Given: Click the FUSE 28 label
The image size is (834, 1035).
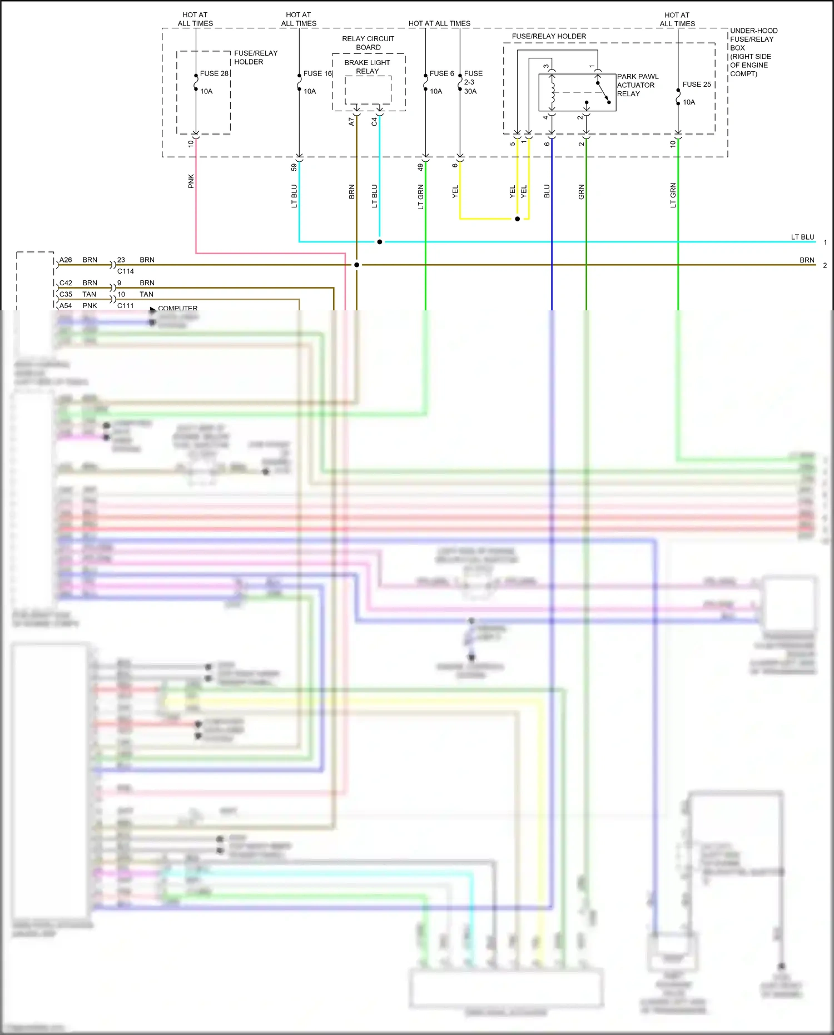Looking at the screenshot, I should [x=214, y=73].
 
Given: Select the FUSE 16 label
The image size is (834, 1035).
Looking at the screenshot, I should [x=317, y=73].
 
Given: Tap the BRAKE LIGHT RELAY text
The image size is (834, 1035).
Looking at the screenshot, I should [x=367, y=67].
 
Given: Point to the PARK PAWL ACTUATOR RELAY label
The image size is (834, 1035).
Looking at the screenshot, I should [x=637, y=85].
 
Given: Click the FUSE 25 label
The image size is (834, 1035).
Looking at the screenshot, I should [x=697, y=85].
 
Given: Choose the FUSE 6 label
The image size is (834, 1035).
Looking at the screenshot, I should [x=441, y=73].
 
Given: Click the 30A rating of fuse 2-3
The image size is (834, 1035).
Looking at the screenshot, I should [x=470, y=91].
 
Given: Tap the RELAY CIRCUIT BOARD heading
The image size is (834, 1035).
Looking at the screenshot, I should [x=368, y=43].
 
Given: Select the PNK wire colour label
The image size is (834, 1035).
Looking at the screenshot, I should [x=191, y=181].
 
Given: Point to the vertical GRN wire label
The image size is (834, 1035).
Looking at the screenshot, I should [x=582, y=192].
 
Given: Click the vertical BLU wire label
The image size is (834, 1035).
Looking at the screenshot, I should [x=547, y=191].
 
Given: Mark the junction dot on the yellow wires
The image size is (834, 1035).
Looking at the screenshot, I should [x=517, y=219].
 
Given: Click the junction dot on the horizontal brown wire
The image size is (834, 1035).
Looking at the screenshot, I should [x=357, y=265].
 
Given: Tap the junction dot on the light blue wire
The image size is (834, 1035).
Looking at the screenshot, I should [x=380, y=242].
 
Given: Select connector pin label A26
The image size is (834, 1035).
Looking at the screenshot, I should [x=66, y=260].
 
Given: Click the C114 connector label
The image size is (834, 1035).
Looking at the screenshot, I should [x=126, y=271].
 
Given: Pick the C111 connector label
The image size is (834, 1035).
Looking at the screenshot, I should [x=126, y=305].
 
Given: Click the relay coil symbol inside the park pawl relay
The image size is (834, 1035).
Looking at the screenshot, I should [x=552, y=92].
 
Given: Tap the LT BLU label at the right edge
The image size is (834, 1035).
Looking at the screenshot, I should [x=802, y=237].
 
